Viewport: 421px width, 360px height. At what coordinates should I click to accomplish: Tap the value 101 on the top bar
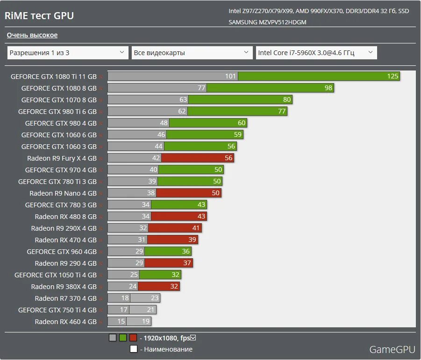(230, 76)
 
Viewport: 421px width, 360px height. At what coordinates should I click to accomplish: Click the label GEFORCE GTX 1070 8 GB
(59, 99)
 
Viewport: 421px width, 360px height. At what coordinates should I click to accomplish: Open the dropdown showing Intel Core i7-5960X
(316, 53)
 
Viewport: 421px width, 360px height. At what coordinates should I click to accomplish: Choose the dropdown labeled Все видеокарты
(192, 53)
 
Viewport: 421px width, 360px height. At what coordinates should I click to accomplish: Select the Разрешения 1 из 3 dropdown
(68, 53)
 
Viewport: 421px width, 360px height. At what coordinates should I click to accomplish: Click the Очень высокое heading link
(32, 35)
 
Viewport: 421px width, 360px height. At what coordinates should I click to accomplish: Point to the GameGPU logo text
(391, 349)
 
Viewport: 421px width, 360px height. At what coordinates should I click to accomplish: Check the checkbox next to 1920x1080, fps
(193, 338)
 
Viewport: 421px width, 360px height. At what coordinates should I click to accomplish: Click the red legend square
(133, 338)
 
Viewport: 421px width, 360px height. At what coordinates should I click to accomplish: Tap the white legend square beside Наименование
(133, 349)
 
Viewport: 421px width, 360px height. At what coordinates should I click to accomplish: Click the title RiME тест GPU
(39, 15)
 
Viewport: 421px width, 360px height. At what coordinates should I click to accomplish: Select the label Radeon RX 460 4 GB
(65, 321)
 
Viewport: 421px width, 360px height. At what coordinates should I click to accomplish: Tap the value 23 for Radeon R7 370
(155, 298)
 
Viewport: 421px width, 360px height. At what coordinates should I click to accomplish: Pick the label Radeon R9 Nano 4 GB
(63, 193)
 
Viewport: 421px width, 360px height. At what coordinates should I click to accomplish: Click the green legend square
(123, 338)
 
